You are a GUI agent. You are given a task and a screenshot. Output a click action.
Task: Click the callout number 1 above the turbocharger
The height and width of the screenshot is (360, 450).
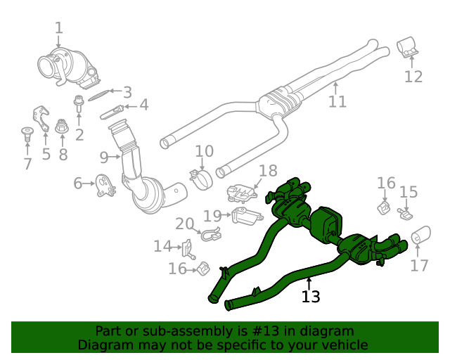[59, 28]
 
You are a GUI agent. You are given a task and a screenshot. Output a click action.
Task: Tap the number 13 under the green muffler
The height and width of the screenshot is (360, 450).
[311, 297]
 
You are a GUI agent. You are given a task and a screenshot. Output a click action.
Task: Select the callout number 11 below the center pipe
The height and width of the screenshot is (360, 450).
[337, 102]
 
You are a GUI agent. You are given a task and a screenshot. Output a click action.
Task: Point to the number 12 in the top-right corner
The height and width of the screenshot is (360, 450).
[413, 77]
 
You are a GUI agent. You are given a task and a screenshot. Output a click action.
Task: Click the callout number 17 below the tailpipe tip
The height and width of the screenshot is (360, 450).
[419, 266]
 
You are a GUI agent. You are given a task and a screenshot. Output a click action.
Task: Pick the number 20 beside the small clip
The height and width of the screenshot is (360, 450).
[185, 224]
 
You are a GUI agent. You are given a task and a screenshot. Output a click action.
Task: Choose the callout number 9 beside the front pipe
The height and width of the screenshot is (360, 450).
[103, 156]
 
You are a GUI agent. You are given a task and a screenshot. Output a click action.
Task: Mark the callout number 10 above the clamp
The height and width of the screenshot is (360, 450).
[204, 151]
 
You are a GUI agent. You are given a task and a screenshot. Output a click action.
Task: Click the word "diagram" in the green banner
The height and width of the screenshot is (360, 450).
[330, 331]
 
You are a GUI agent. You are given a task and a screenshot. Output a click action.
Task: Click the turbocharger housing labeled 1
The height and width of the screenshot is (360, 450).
[67, 63]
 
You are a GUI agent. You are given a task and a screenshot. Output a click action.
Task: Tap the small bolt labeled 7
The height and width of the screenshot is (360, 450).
[27, 133]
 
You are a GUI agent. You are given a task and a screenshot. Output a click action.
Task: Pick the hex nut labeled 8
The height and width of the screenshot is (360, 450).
[62, 127]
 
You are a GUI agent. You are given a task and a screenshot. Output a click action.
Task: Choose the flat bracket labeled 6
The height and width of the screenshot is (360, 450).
[106, 186]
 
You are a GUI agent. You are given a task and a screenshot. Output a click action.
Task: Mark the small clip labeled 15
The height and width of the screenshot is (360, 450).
[406, 212]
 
